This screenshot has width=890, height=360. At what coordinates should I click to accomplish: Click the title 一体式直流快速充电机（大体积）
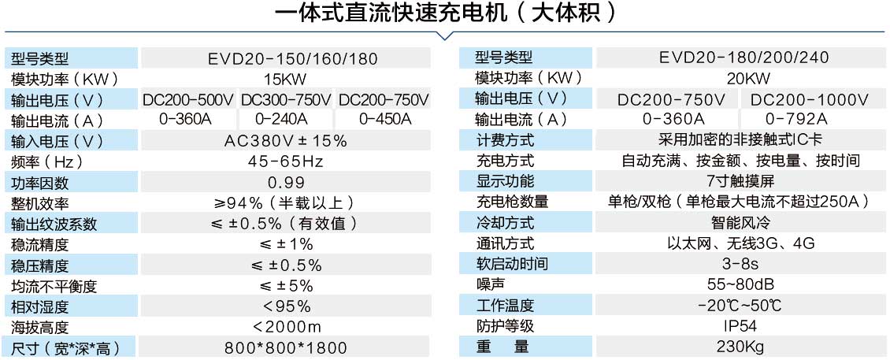click(x=445, y=14)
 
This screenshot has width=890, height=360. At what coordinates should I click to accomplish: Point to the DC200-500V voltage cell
click(x=188, y=99)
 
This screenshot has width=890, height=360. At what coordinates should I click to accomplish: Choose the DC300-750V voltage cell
click(x=286, y=99)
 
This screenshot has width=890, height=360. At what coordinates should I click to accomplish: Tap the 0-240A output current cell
click(x=286, y=120)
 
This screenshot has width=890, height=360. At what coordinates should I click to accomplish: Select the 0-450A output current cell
click(x=384, y=120)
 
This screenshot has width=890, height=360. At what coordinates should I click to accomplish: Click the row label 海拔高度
click(x=40, y=327)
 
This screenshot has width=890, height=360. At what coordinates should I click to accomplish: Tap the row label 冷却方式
click(x=505, y=223)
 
